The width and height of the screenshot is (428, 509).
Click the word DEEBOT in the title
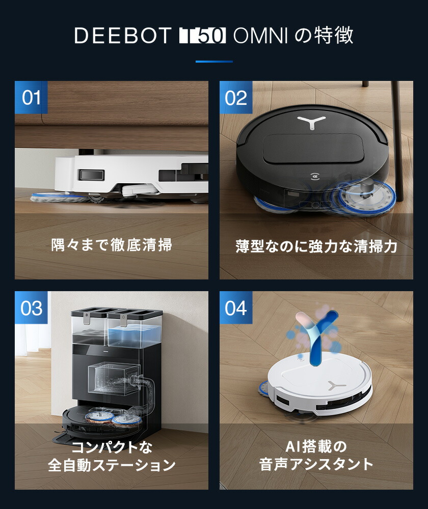tap(122, 36)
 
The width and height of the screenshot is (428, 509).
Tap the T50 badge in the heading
tap(203, 36)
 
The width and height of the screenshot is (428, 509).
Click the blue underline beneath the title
tap(214, 62)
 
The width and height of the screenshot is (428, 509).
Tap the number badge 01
tap(31, 97)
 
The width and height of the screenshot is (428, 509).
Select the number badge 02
tap(236, 97)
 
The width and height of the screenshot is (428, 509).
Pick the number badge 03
tap(31, 308)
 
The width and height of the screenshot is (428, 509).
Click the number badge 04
tap(236, 308)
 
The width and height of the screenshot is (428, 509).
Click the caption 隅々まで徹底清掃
tap(112, 245)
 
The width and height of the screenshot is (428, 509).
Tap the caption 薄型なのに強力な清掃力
tap(316, 246)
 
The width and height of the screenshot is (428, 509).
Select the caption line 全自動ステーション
tap(112, 465)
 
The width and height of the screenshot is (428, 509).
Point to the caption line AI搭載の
tap(316, 447)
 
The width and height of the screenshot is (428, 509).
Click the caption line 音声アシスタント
tap(316, 465)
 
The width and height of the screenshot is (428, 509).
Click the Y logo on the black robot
tap(310, 122)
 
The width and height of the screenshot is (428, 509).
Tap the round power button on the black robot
tap(314, 178)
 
